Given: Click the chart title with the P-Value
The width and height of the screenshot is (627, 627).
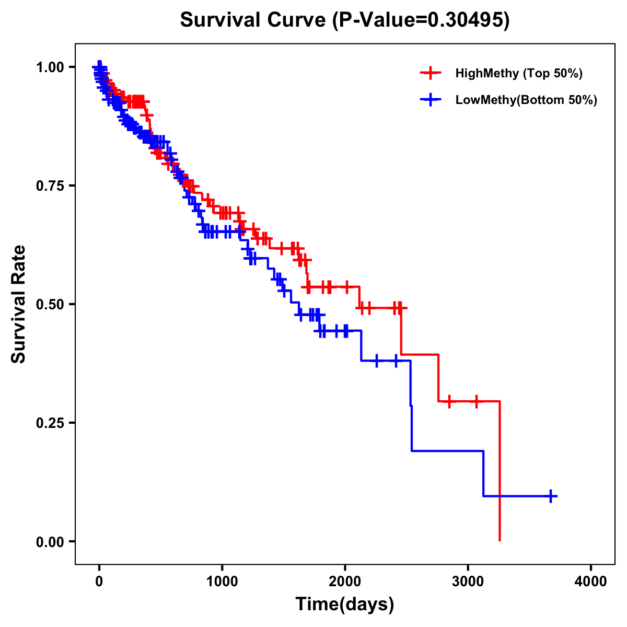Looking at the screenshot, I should pos(344,20).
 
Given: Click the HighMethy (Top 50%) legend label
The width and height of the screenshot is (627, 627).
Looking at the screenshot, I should pos(518,73).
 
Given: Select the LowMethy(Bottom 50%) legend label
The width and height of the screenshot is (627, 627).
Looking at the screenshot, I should pos(526,100).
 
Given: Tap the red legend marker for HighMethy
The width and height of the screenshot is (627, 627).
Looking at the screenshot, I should pos(431,73).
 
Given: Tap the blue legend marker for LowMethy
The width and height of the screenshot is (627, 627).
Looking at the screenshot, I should pos(431,100).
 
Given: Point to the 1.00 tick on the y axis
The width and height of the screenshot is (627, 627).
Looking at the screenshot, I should pos(50,67).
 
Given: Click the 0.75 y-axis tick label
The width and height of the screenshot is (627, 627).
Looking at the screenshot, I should pos(50,186).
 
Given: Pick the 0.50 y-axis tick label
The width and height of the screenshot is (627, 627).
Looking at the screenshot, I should pos(50,305).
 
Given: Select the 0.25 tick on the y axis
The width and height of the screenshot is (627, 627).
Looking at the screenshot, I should pos(50,423).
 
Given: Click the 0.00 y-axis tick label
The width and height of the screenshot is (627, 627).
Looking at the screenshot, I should pos(50,542).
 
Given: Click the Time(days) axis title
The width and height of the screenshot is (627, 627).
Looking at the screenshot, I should pos(345,605).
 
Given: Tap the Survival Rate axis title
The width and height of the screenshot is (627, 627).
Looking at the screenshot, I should pos(19,304).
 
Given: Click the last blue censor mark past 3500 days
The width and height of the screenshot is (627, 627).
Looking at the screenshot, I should pos(551,496).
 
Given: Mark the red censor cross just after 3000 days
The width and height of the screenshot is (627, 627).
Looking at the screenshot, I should pos(476,401).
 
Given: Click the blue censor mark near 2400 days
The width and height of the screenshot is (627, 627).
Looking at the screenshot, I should pos(396,361).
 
